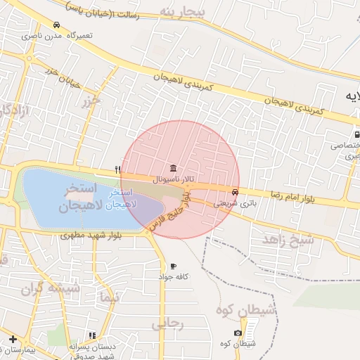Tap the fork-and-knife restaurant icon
pos(117,169)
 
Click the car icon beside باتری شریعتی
pos(234,192)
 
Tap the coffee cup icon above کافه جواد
pos(173,266)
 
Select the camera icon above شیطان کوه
pos(238,332)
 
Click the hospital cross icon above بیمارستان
pos(13,340)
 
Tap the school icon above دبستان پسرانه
pos(91,336)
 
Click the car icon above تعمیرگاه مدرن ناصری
pos(56,25)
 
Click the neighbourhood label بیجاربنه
pos(181,13)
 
